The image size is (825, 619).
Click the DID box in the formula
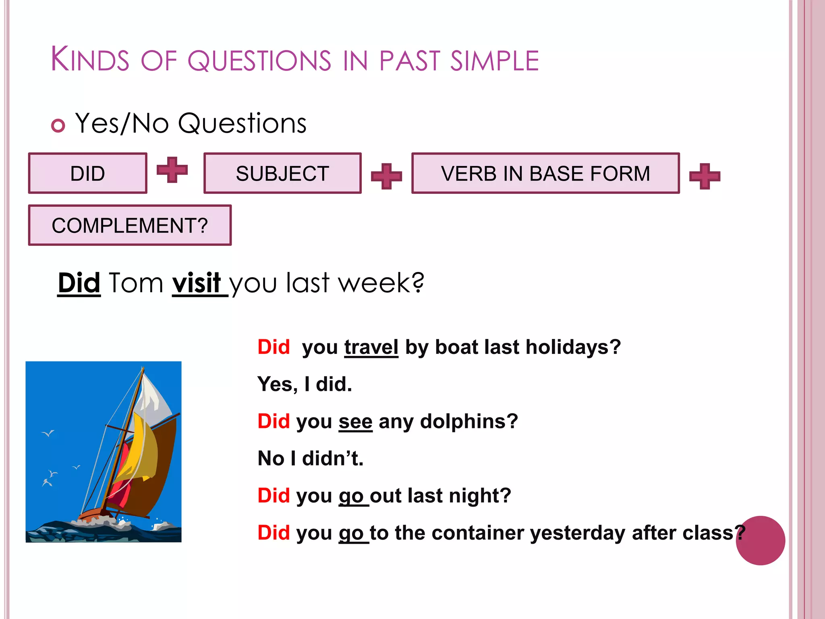coord(87,173)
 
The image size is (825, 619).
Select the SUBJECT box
coord(282,173)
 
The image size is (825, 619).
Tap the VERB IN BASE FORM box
coord(545,173)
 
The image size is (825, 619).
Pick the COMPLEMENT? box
coord(130,225)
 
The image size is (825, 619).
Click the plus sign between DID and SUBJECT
coord(172,170)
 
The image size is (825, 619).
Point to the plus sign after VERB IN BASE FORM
coord(705,176)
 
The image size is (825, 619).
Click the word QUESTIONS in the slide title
coord(259,60)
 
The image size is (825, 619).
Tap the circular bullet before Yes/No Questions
coord(58,126)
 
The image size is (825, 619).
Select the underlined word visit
coord(197,283)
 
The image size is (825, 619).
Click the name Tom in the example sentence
coord(136,283)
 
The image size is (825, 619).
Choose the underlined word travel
coord(371,347)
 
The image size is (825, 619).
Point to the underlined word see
coord(355,422)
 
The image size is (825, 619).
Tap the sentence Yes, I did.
coord(305,384)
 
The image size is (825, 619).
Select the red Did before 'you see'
coord(274,422)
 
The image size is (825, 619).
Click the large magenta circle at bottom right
coord(760,540)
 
